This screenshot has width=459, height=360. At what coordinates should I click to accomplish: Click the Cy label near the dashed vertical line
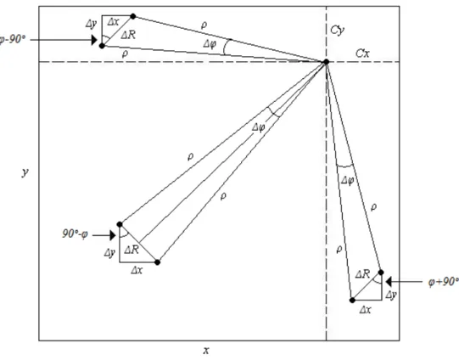[x=337, y=31]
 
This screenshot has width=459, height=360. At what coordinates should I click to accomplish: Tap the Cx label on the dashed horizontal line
[x=362, y=53]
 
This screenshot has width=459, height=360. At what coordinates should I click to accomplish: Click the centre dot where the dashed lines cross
[x=326, y=62]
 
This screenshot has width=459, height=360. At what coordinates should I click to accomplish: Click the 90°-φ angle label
[x=75, y=234]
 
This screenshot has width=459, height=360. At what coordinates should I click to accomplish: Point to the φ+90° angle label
[x=444, y=282]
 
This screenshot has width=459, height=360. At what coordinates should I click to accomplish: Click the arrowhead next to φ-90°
[x=94, y=40]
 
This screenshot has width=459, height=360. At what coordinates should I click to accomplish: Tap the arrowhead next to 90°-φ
[x=113, y=235]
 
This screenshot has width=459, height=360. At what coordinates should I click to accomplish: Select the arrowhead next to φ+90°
[x=389, y=282]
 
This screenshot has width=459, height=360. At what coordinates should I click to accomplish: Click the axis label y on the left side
[x=25, y=172]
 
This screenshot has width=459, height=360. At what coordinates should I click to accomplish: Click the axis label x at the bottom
[x=206, y=350]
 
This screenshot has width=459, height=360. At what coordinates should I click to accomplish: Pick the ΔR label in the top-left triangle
[x=128, y=35]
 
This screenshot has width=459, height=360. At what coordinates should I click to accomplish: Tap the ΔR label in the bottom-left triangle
[x=132, y=250]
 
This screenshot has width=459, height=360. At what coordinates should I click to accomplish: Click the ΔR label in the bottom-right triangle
[x=362, y=274]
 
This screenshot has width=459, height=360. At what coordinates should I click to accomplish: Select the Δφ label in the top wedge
[x=210, y=44]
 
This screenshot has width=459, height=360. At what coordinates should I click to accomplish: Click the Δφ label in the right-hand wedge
[x=348, y=181]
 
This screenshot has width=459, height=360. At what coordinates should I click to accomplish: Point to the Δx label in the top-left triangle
[x=113, y=22]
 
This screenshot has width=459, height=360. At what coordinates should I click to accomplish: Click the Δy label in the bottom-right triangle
[x=391, y=295]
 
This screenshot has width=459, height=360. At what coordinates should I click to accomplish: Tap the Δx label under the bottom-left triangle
[x=137, y=270]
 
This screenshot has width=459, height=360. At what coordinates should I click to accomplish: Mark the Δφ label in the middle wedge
[x=259, y=127]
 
